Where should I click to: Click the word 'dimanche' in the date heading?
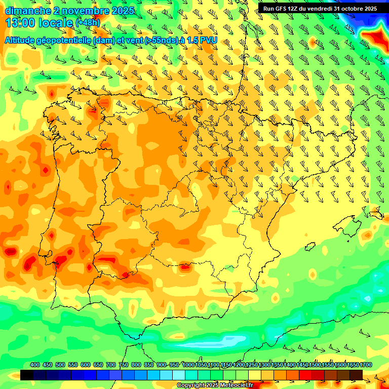(x=28, y=11)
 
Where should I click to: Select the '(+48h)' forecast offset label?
(x=88, y=23)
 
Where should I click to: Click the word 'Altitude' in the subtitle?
(x=23, y=40)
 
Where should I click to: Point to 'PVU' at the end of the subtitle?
(x=209, y=40)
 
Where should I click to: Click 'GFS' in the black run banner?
(x=280, y=9)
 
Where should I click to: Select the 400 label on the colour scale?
(x=35, y=365)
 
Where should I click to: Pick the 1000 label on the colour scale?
(x=188, y=365)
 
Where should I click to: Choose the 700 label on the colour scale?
(x=111, y=365)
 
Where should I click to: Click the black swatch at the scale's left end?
(x=27, y=375)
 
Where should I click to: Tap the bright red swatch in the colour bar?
(x=305, y=375)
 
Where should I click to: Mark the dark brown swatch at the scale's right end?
(x=356, y=375)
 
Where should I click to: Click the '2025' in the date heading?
(x=122, y=11)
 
